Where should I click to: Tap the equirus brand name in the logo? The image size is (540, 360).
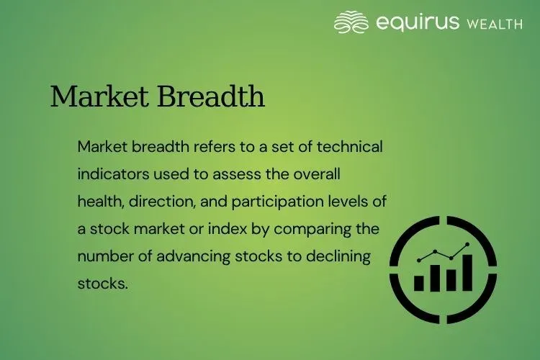(418, 22)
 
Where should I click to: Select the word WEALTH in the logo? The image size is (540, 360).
(494, 24)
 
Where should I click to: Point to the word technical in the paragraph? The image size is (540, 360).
(348, 147)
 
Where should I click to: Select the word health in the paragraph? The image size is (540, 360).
(98, 202)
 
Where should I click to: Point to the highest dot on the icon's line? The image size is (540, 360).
(468, 246)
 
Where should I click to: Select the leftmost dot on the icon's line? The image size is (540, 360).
(420, 259)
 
